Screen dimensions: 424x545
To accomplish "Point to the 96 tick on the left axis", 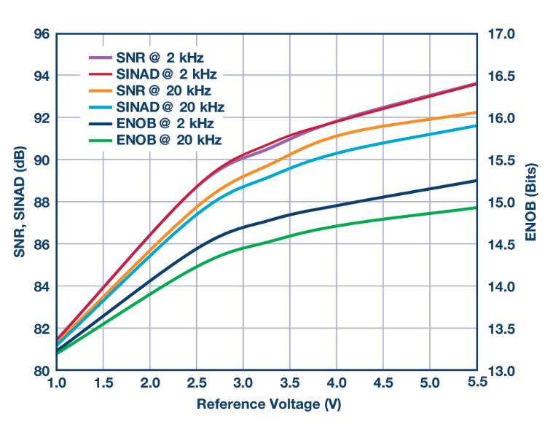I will pyautogui.click(x=42, y=34).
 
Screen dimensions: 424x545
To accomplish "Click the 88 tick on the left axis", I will pyautogui.click(x=42, y=202).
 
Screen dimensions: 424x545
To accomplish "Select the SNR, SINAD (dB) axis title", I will pyautogui.click(x=16, y=202).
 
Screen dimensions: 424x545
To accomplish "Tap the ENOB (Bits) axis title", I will pyautogui.click(x=530, y=202).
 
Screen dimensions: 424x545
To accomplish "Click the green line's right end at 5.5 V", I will pyautogui.click(x=476, y=208).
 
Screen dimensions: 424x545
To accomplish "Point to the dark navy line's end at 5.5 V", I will pyautogui.click(x=476, y=181).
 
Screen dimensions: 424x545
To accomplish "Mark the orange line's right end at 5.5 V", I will pyautogui.click(x=476, y=112).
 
